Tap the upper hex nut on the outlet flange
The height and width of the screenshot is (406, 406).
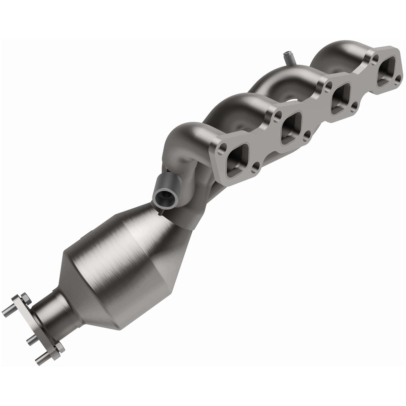(24, 296)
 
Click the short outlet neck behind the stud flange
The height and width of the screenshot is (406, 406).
(51, 312)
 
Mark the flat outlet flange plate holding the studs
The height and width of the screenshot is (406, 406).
(42, 326)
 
